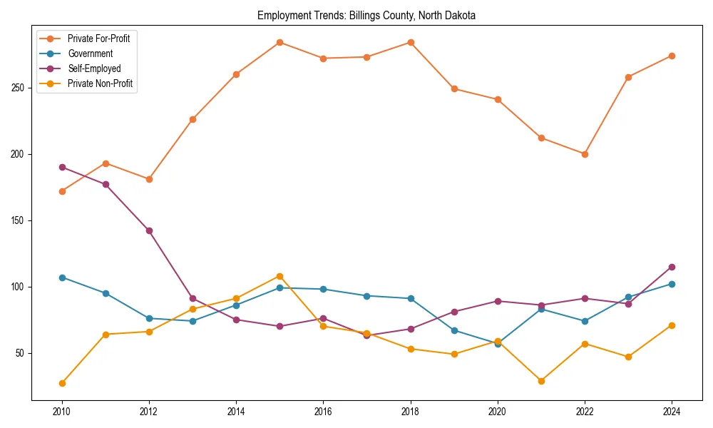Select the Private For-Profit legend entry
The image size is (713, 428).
point(98,39)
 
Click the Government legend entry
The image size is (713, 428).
point(90,53)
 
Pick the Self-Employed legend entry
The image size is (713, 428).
point(94,68)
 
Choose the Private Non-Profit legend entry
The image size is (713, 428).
point(100,83)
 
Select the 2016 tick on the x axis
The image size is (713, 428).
point(323,412)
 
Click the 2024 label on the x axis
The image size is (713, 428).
point(672,412)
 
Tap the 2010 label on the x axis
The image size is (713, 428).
point(62,412)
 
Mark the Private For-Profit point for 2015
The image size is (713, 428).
point(279,42)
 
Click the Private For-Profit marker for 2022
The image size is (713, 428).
point(585,154)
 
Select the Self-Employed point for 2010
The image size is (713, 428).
point(62,167)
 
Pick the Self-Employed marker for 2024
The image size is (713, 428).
point(672,267)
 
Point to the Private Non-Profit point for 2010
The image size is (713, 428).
point(62,383)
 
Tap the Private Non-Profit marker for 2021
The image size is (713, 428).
point(541,381)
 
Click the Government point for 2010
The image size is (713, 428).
point(62,277)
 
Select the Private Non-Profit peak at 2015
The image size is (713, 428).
point(279,276)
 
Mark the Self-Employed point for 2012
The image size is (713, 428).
point(149,230)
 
